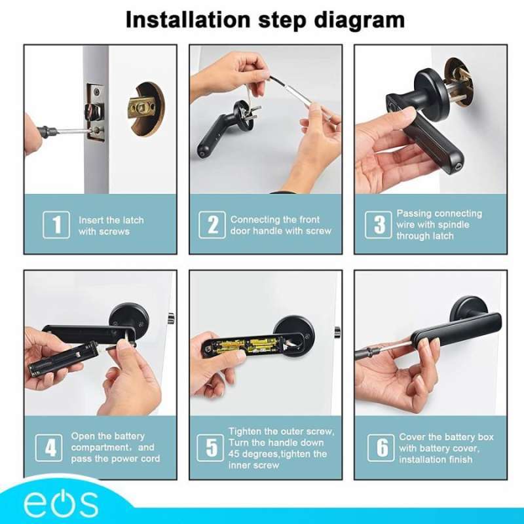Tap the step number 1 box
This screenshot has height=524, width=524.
[x=56, y=225]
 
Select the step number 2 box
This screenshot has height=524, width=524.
[x=212, y=225]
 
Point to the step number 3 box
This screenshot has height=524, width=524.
[x=379, y=225]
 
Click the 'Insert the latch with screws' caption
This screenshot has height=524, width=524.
[x=111, y=225]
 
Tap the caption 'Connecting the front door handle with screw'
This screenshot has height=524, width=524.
[x=281, y=225]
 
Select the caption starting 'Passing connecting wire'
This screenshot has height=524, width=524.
[x=439, y=225]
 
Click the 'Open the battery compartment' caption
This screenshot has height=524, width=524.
[x=115, y=447]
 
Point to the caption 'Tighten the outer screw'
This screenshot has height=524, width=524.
[x=281, y=448]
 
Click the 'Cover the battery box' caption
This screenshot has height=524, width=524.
[x=446, y=447]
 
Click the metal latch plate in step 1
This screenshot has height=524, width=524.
[x=96, y=113]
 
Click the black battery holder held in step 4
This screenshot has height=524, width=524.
[x=63, y=360]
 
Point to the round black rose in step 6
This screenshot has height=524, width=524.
[x=469, y=309]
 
